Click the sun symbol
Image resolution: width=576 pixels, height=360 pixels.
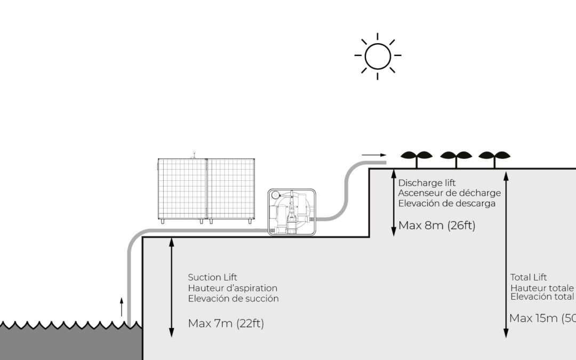click(378, 55)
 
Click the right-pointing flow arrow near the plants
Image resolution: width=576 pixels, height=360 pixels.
click(374, 155)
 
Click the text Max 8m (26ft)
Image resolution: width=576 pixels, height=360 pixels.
click(437, 226)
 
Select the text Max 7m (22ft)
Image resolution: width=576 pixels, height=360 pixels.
click(226, 323)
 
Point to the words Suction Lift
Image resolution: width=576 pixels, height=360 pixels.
click(212, 277)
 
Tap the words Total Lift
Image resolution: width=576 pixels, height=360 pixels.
click(528, 277)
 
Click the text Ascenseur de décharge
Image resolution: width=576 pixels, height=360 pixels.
click(450, 193)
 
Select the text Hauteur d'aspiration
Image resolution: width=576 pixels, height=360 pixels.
click(233, 288)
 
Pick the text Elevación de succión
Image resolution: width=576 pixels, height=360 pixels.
click(233, 299)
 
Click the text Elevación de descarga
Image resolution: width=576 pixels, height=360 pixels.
click(447, 203)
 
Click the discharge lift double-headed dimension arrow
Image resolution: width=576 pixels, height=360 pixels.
click(394, 202)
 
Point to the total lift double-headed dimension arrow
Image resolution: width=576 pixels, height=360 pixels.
click(506, 253)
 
